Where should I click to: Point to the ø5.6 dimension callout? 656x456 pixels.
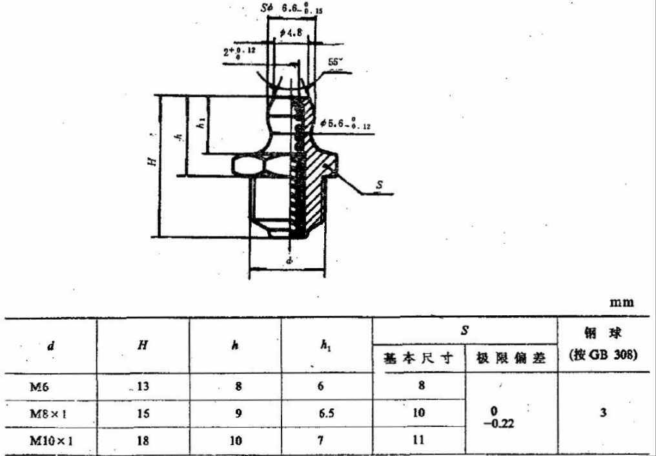coord(346,122)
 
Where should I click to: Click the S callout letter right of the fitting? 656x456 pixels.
coord(380,185)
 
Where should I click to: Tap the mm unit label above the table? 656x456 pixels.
coord(622,302)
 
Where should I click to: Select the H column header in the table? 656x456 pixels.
coord(143,346)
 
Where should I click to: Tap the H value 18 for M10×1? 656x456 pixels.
coord(143,440)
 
